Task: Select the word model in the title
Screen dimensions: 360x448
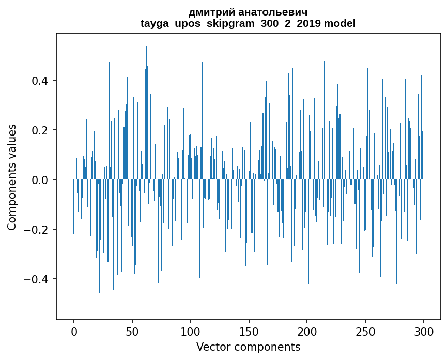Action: click(339, 23)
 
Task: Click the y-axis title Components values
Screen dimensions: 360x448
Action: click(11, 177)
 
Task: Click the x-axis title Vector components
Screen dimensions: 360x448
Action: click(248, 347)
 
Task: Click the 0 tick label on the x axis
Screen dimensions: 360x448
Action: click(74, 331)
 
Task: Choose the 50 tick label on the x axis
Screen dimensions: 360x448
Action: click(132, 331)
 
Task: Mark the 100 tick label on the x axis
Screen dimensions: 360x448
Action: click(191, 331)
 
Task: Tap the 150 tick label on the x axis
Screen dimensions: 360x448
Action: click(249, 331)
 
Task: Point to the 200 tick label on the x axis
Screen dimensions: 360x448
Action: click(307, 331)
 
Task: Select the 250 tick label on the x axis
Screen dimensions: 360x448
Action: click(366, 331)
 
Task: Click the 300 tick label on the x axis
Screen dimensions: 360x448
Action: click(424, 331)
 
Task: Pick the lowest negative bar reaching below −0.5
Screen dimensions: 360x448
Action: click(403, 248)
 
